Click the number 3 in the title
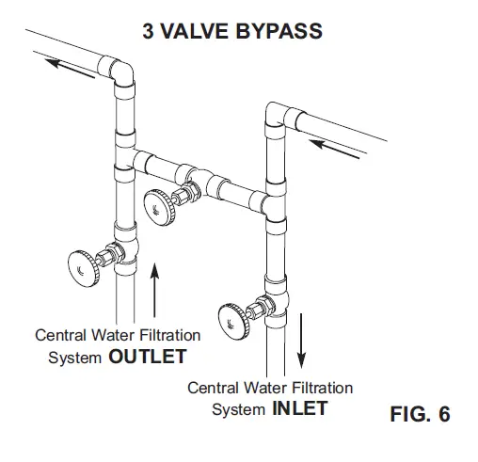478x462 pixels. click(x=148, y=31)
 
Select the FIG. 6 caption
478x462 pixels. click(x=419, y=414)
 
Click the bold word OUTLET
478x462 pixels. click(x=146, y=358)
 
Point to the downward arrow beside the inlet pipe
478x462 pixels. click(x=302, y=340)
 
